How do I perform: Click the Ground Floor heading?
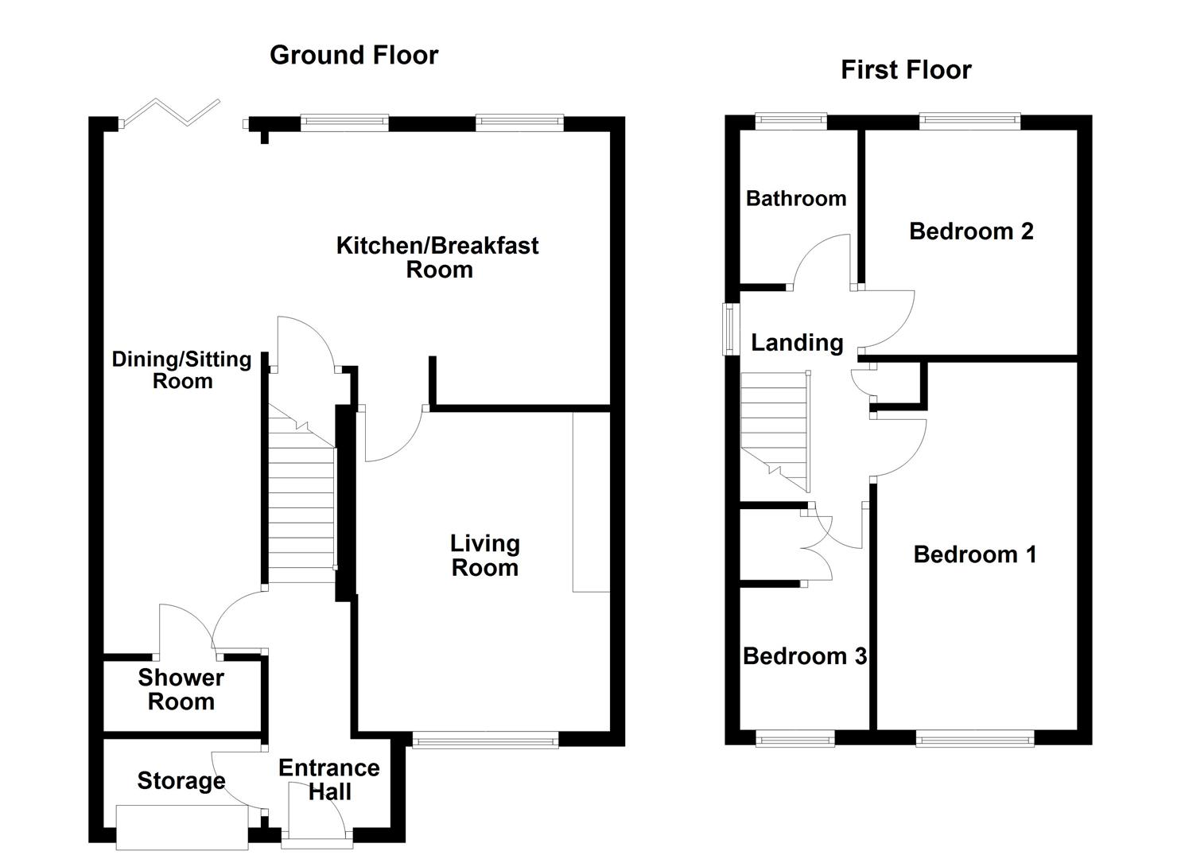tap(354, 55)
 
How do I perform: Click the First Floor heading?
tap(906, 70)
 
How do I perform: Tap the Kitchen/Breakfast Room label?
tap(437, 257)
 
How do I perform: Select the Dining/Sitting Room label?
tap(182, 370)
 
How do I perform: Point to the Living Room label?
tap(484, 555)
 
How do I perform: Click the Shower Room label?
tap(181, 690)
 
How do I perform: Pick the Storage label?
tap(181, 781)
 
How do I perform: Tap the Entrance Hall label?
tap(329, 779)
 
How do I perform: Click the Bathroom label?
tap(796, 198)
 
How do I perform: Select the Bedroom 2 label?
tap(971, 231)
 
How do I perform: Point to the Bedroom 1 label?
tap(975, 554)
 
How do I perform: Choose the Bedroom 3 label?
tap(805, 656)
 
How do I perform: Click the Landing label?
tap(797, 343)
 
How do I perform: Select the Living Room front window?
tap(485, 741)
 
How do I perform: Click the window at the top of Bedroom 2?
tap(969, 121)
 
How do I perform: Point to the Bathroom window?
tap(791, 121)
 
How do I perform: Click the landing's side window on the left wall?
tap(728, 328)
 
